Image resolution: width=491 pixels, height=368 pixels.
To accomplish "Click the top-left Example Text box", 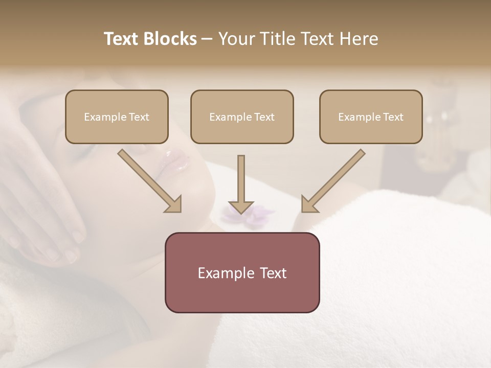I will pyautogui.click(x=117, y=117).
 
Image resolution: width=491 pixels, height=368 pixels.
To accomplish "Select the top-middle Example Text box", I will pyautogui.click(x=242, y=117).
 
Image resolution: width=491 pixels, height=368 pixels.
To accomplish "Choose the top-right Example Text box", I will pyautogui.click(x=371, y=117).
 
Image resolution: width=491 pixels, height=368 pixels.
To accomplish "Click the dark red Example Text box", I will pyautogui.click(x=242, y=273).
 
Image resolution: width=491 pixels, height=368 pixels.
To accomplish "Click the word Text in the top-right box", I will pyautogui.click(x=393, y=117).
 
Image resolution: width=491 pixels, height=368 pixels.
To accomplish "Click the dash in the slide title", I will pyautogui.click(x=207, y=39).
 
